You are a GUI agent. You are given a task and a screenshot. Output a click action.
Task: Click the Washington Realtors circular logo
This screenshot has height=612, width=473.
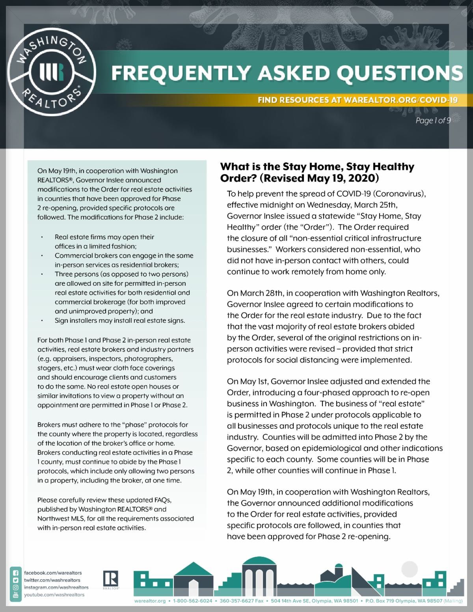[51, 71]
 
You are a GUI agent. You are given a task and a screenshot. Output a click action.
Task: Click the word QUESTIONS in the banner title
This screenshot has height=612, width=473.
[395, 73]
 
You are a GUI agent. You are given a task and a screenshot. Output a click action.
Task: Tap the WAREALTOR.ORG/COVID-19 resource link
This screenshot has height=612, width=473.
[400, 100]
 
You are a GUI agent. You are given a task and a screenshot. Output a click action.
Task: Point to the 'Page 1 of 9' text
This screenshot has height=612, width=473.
[433, 121]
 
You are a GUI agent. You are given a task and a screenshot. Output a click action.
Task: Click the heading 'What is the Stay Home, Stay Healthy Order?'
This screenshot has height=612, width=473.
[317, 172]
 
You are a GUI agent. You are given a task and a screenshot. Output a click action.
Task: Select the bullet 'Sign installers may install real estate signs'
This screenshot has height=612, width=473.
[120, 320]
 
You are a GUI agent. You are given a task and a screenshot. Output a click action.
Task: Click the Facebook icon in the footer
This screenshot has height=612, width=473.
[16, 573]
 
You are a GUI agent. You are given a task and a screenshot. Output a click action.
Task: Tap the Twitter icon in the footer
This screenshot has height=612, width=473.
[16, 580]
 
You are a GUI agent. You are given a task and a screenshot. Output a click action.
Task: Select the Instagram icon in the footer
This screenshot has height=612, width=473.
[16, 588]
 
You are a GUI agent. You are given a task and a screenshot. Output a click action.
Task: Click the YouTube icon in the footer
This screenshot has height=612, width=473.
[16, 595]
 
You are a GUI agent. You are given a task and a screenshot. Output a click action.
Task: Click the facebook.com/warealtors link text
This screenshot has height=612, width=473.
[53, 573]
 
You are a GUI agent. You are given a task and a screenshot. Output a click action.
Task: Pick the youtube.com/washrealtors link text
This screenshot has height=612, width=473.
[54, 595]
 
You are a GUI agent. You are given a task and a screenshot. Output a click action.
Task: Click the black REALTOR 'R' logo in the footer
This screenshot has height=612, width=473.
[111, 579]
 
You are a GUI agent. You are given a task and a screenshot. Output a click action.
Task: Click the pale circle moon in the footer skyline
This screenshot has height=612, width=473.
[410, 569]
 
